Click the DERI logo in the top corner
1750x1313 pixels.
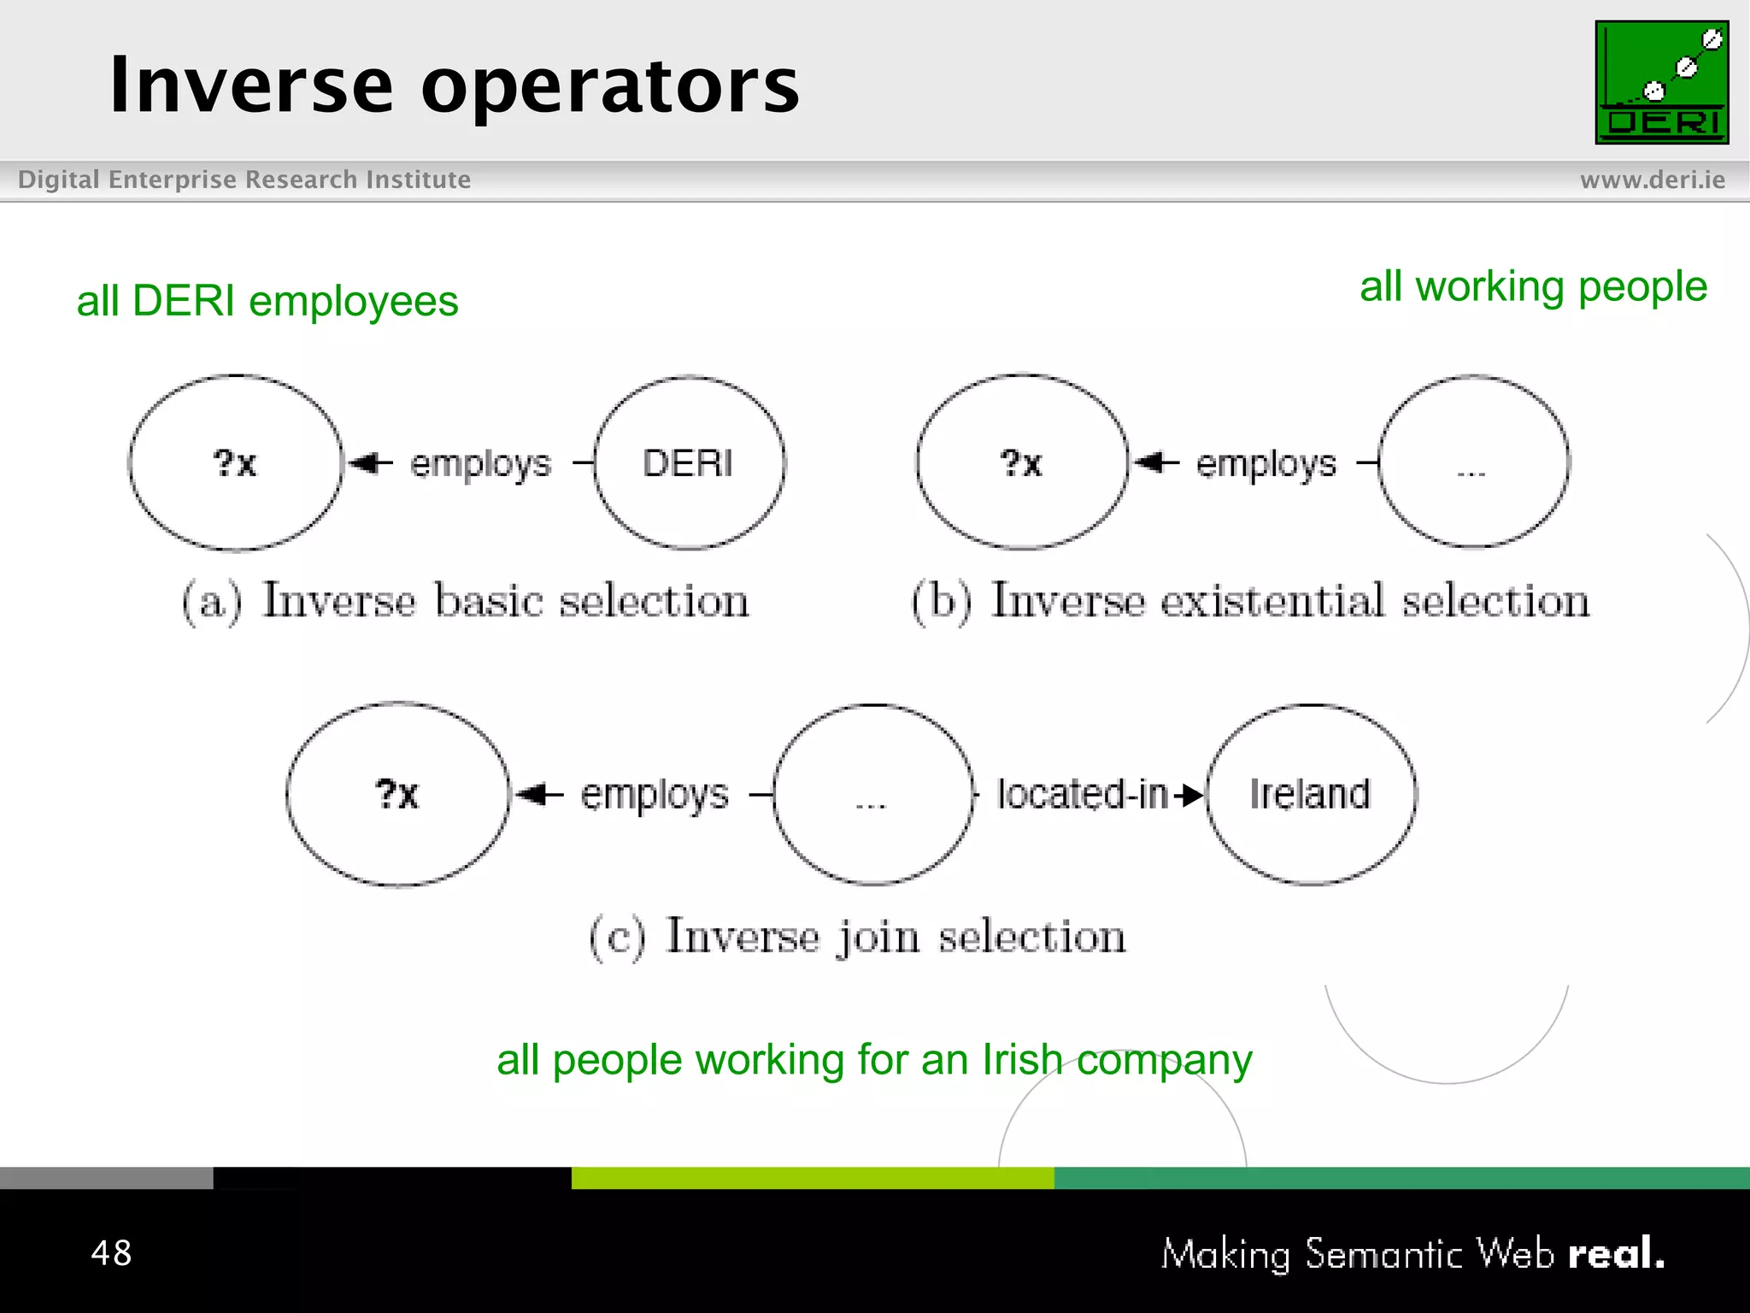pos(1661,82)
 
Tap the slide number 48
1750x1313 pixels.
pos(111,1253)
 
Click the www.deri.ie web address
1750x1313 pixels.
pos(1652,180)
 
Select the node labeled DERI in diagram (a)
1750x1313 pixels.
pos(689,463)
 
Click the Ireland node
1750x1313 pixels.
pos(1310,794)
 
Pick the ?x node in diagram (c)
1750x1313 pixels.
pos(397,794)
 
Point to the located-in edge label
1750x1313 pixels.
pos(1082,794)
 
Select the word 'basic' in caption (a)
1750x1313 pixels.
pos(489,600)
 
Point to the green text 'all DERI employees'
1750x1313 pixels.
pos(267,301)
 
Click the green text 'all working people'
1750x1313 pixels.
pos(1533,286)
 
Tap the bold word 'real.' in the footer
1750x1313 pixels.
pos(1616,1253)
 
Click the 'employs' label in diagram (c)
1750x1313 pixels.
pos(655,795)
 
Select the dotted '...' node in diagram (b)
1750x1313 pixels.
pos(1473,462)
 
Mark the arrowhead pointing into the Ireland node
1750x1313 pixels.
pos(1192,795)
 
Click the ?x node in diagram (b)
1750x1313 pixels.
pos(1022,462)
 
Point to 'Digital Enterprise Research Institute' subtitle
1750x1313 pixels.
pos(244,180)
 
